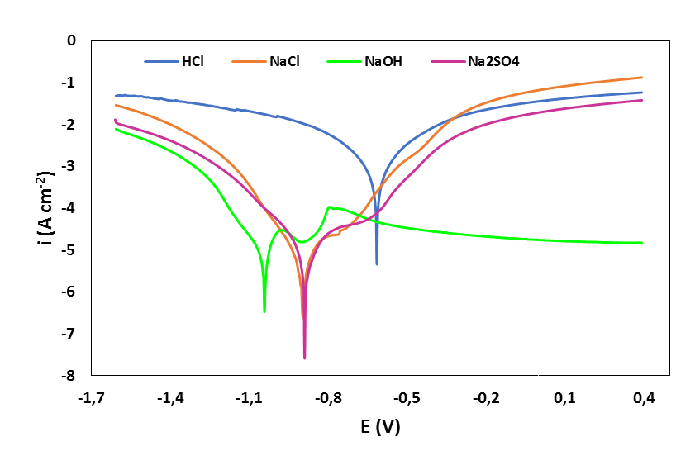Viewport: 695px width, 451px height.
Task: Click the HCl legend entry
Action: tap(192, 61)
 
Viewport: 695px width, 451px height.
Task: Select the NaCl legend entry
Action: tap(283, 61)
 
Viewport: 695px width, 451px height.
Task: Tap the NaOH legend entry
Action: tap(383, 61)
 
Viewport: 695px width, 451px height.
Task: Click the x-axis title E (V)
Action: tap(380, 427)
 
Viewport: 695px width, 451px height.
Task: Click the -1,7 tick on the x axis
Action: tap(92, 399)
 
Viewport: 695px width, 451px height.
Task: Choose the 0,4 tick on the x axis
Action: tap(644, 399)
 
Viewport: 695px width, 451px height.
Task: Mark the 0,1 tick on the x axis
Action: tap(565, 399)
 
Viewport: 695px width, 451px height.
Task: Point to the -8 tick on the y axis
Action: tap(69, 376)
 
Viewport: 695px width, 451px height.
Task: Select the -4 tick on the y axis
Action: tap(69, 208)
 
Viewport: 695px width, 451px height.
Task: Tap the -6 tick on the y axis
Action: tap(69, 292)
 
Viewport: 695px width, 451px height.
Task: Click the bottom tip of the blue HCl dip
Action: tap(377, 263)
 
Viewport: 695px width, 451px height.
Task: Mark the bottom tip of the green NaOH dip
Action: tap(264, 311)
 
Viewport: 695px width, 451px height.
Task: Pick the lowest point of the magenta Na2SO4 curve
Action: tap(304, 358)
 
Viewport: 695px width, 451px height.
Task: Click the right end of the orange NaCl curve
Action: tap(642, 78)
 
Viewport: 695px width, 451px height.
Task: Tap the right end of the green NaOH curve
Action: tap(642, 243)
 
